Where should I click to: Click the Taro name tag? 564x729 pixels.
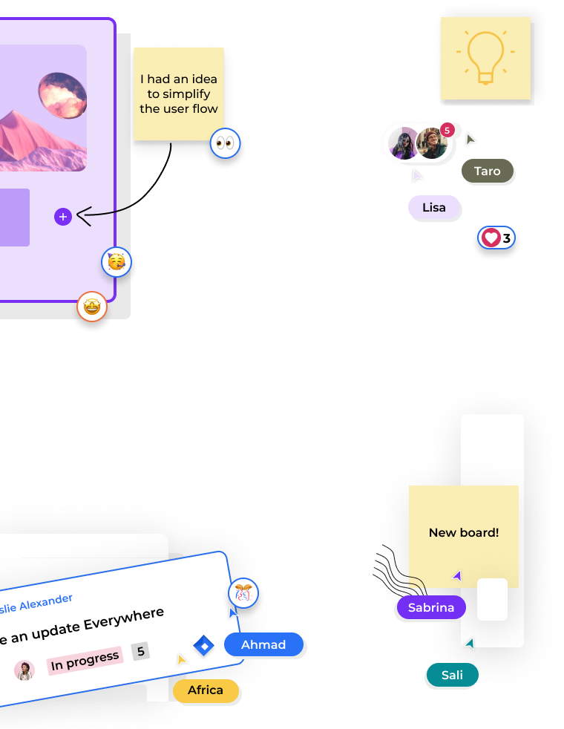coord(488,171)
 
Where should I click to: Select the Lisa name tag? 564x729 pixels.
coord(434,207)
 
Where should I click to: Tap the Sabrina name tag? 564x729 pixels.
coord(430,607)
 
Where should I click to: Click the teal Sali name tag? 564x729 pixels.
coord(452,675)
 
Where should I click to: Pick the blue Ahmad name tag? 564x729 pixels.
coord(263,644)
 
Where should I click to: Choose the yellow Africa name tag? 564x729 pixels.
coord(206,690)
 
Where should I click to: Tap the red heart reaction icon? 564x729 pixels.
coord(491,238)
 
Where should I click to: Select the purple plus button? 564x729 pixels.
coord(63,217)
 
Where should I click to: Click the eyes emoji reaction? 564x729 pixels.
coord(226,143)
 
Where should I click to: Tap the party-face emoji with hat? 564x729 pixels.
coord(117,262)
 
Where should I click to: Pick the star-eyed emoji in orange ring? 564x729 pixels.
coord(92,307)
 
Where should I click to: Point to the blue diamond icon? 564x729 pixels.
coord(203,645)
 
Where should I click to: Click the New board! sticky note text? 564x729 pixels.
coord(464,532)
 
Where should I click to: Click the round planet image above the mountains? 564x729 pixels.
coord(62,95)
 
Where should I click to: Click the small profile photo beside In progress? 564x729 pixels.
coord(24,670)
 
